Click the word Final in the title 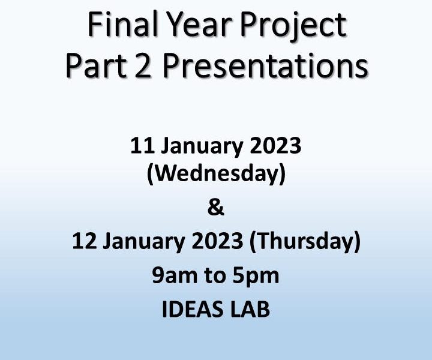point(122,23)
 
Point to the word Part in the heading point(96,66)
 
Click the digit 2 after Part point(143,66)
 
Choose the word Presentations point(265,66)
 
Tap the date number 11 point(142,146)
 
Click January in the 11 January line point(202,148)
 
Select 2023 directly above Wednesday point(275,146)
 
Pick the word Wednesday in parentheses point(216,174)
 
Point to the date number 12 point(85,241)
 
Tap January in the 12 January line point(145,242)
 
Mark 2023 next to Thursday point(217,241)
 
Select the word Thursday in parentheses point(305,242)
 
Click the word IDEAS point(193,309)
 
